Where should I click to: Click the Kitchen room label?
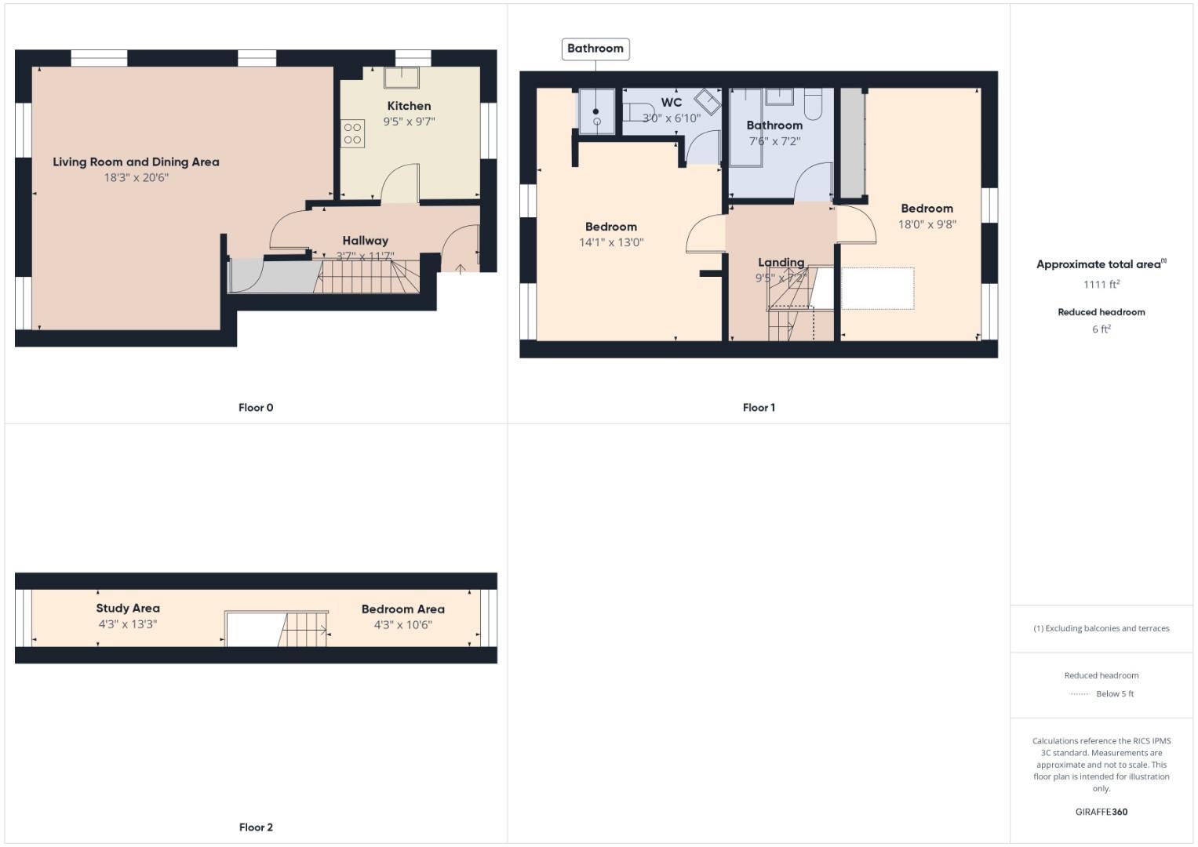click(409, 106)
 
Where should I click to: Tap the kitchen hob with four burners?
click(352, 133)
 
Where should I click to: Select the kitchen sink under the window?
click(401, 78)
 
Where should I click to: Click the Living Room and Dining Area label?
click(136, 162)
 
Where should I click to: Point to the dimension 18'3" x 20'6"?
click(136, 178)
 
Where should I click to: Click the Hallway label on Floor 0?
click(365, 241)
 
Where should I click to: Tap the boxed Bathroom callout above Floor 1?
click(595, 49)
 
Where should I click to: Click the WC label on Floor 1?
click(672, 103)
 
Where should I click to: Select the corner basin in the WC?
click(708, 102)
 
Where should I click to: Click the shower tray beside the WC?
click(596, 111)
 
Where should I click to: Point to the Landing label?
click(781, 263)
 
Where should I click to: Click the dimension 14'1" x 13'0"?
click(611, 242)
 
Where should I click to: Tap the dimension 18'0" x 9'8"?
click(927, 224)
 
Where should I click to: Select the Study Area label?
click(128, 609)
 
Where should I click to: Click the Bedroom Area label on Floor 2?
click(402, 609)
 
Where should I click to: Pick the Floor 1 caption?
click(759, 408)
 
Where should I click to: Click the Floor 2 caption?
click(256, 827)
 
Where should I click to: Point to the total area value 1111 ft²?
click(1101, 285)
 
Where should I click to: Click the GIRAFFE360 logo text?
click(1101, 812)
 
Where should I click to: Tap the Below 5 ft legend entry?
click(1114, 694)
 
